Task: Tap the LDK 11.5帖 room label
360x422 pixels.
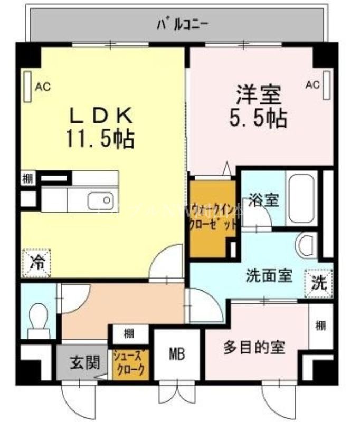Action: (100, 127)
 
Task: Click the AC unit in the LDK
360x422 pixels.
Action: (27, 85)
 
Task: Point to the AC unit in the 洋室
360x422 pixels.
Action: (327, 84)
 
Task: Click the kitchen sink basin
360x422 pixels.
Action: (100, 200)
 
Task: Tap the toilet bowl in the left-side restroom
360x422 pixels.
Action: (37, 320)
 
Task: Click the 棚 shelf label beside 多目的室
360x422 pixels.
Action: (320, 326)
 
